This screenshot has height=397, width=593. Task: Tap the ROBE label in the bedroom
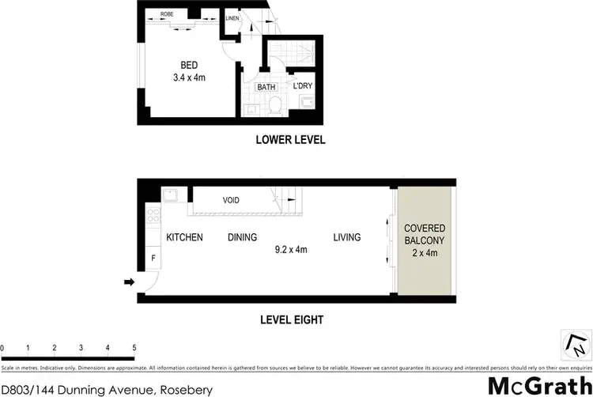pyautogui.click(x=168, y=14)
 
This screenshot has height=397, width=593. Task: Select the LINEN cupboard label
pyautogui.click(x=232, y=17)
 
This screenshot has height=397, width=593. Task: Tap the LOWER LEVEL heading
pyautogui.click(x=290, y=140)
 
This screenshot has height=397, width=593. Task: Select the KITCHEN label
pyautogui.click(x=184, y=237)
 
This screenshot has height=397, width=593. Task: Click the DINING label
pyautogui.click(x=242, y=237)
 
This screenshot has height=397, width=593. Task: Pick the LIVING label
pyautogui.click(x=346, y=237)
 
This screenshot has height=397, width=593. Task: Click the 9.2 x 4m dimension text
pyautogui.click(x=290, y=250)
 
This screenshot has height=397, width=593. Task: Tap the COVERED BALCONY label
pyautogui.click(x=425, y=234)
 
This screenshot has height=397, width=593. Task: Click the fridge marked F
pyautogui.click(x=153, y=259)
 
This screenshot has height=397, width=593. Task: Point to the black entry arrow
pyautogui.click(x=129, y=281)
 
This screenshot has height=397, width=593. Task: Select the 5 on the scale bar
pyautogui.click(x=134, y=348)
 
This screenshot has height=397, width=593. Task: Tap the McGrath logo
pyautogui.click(x=537, y=386)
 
